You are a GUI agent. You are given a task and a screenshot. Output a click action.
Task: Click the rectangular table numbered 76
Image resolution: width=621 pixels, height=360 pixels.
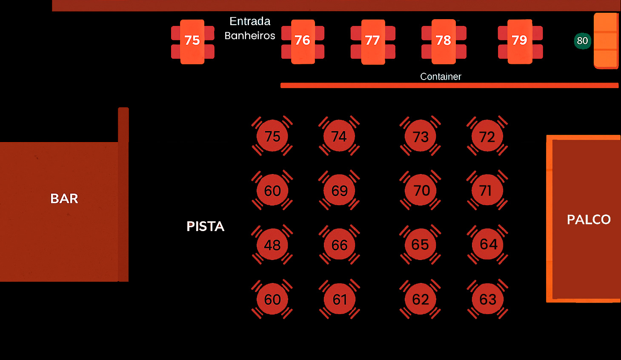(x=303, y=42)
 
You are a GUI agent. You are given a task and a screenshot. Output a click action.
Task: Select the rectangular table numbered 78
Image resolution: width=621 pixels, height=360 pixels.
(x=444, y=42)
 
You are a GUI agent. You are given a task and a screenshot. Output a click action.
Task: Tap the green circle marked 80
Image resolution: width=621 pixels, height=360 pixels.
(x=582, y=41)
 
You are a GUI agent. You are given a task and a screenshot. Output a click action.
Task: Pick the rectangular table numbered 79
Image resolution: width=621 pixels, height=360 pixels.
(x=520, y=42)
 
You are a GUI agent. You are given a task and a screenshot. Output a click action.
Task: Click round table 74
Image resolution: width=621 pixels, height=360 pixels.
(x=339, y=136)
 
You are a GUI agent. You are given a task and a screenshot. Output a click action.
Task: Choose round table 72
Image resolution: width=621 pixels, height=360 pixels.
(x=487, y=136)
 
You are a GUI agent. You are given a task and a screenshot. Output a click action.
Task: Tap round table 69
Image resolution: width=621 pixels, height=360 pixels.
(x=339, y=190)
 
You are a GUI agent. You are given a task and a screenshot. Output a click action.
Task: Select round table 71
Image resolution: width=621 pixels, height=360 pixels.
(x=487, y=190)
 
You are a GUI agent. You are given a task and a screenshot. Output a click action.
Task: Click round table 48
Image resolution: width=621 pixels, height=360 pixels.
(x=272, y=244)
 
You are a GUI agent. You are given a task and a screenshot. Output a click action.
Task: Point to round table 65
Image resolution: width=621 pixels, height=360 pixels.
(x=420, y=244)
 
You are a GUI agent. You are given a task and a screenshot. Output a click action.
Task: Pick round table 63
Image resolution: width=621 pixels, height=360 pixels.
(x=487, y=299)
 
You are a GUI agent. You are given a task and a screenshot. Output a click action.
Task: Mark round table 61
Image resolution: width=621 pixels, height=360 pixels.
(x=339, y=299)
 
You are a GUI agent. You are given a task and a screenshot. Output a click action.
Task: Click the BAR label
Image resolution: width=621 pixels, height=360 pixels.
(x=64, y=198)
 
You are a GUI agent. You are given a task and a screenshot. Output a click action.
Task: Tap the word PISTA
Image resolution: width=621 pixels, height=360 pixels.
(x=205, y=226)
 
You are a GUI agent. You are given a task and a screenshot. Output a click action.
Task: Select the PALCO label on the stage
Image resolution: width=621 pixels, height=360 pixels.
(x=589, y=220)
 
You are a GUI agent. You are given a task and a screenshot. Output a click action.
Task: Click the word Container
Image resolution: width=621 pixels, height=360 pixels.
(x=441, y=77)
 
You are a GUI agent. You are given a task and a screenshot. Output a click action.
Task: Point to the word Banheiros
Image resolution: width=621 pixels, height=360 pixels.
(x=250, y=36)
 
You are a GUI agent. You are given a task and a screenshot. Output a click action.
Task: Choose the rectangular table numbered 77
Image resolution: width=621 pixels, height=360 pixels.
(x=373, y=42)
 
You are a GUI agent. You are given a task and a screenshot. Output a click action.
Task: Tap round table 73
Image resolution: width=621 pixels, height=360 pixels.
(x=420, y=136)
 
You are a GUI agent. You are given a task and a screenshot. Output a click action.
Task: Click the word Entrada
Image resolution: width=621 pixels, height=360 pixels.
(x=250, y=21)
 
